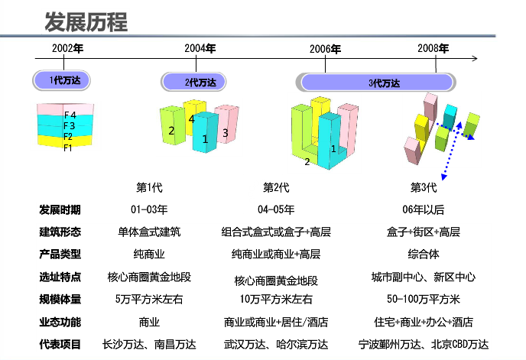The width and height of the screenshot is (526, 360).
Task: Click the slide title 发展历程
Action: (86, 21)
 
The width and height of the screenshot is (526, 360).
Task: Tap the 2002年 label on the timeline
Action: (67, 48)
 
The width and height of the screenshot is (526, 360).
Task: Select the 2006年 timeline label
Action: (326, 49)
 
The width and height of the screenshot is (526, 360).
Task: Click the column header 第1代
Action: (149, 187)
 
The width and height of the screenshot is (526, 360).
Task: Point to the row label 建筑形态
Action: (60, 232)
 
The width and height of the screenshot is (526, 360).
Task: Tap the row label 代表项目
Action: (60, 344)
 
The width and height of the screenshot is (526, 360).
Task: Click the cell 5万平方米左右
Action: (149, 299)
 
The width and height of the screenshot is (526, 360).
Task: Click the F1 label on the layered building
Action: (68, 148)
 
